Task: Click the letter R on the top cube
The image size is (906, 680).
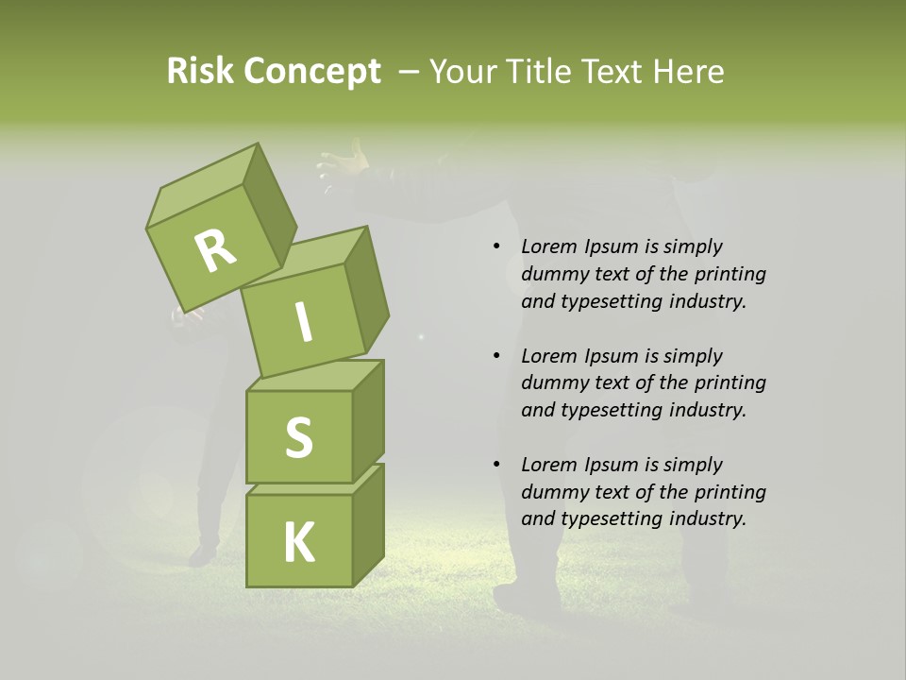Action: tap(215, 250)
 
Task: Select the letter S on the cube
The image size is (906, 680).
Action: tap(298, 436)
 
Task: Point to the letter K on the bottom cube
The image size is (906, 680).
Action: tap(298, 542)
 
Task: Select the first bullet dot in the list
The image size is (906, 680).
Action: tap(496, 247)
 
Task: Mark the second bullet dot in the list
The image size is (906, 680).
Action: tap(496, 356)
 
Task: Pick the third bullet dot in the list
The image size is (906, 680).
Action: tap(496, 465)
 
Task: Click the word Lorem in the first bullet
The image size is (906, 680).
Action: tap(548, 246)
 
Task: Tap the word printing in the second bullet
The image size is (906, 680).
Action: tap(729, 382)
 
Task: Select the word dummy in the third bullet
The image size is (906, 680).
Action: tap(552, 491)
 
